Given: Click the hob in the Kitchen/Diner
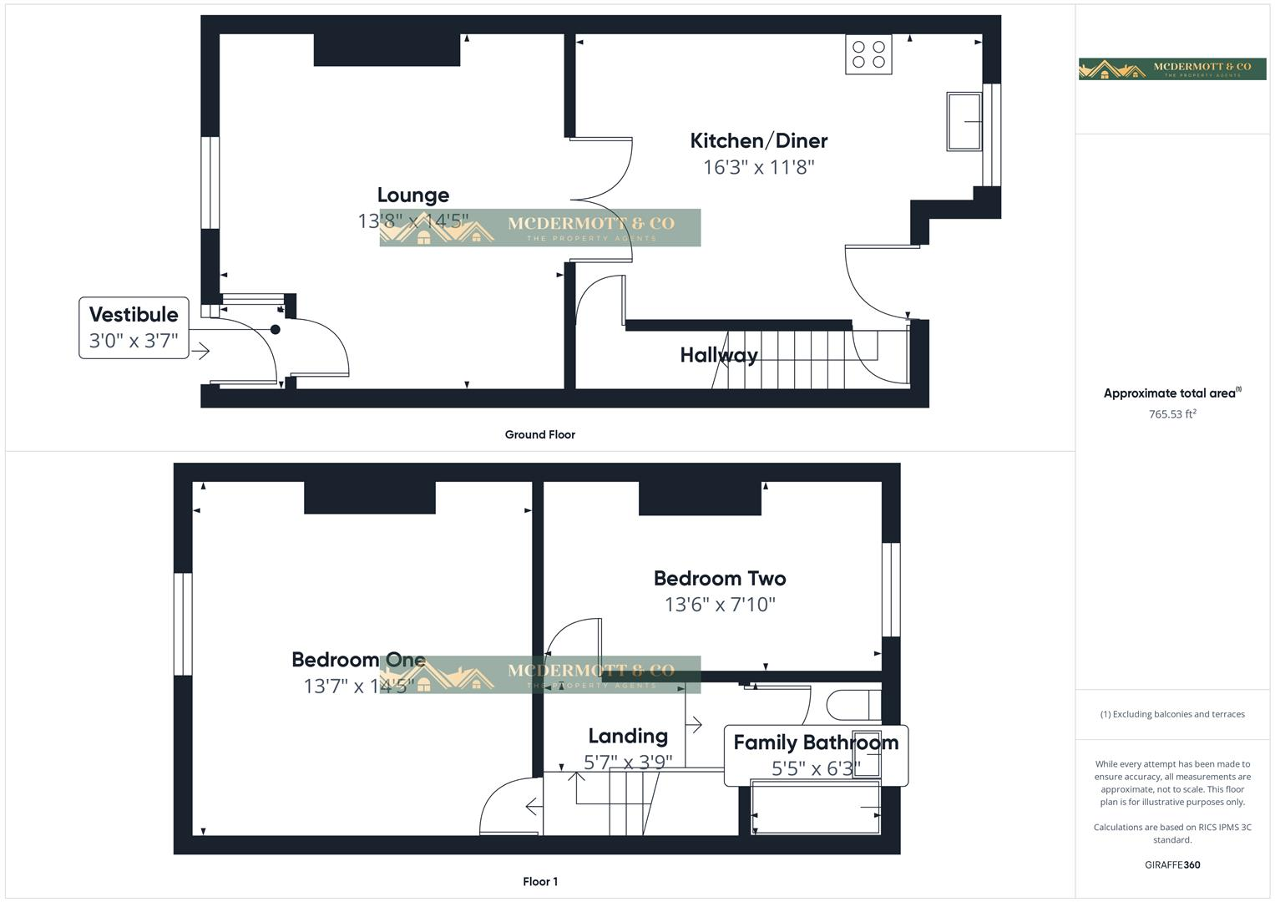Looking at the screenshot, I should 868,54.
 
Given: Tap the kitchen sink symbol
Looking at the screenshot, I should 964,122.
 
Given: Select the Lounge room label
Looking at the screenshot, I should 412,195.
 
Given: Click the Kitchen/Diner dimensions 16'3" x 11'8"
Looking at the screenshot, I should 758,167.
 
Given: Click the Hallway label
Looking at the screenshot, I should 718,355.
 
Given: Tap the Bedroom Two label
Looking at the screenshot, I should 719,578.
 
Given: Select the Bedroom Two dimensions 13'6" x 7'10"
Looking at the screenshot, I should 719,604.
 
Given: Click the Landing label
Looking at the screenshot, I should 627,736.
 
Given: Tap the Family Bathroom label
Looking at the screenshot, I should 815,742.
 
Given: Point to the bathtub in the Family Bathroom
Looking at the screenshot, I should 816,808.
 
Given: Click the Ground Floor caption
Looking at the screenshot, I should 539,434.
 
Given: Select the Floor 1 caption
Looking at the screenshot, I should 539,881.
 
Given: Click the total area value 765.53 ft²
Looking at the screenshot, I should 1171,414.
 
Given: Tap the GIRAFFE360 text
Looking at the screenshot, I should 1171,864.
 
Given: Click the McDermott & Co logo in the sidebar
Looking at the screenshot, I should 1171,69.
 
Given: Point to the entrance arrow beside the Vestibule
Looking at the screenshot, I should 200,352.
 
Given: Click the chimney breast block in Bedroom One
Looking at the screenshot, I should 369,498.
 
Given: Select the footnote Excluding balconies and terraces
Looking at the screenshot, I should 1171,714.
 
